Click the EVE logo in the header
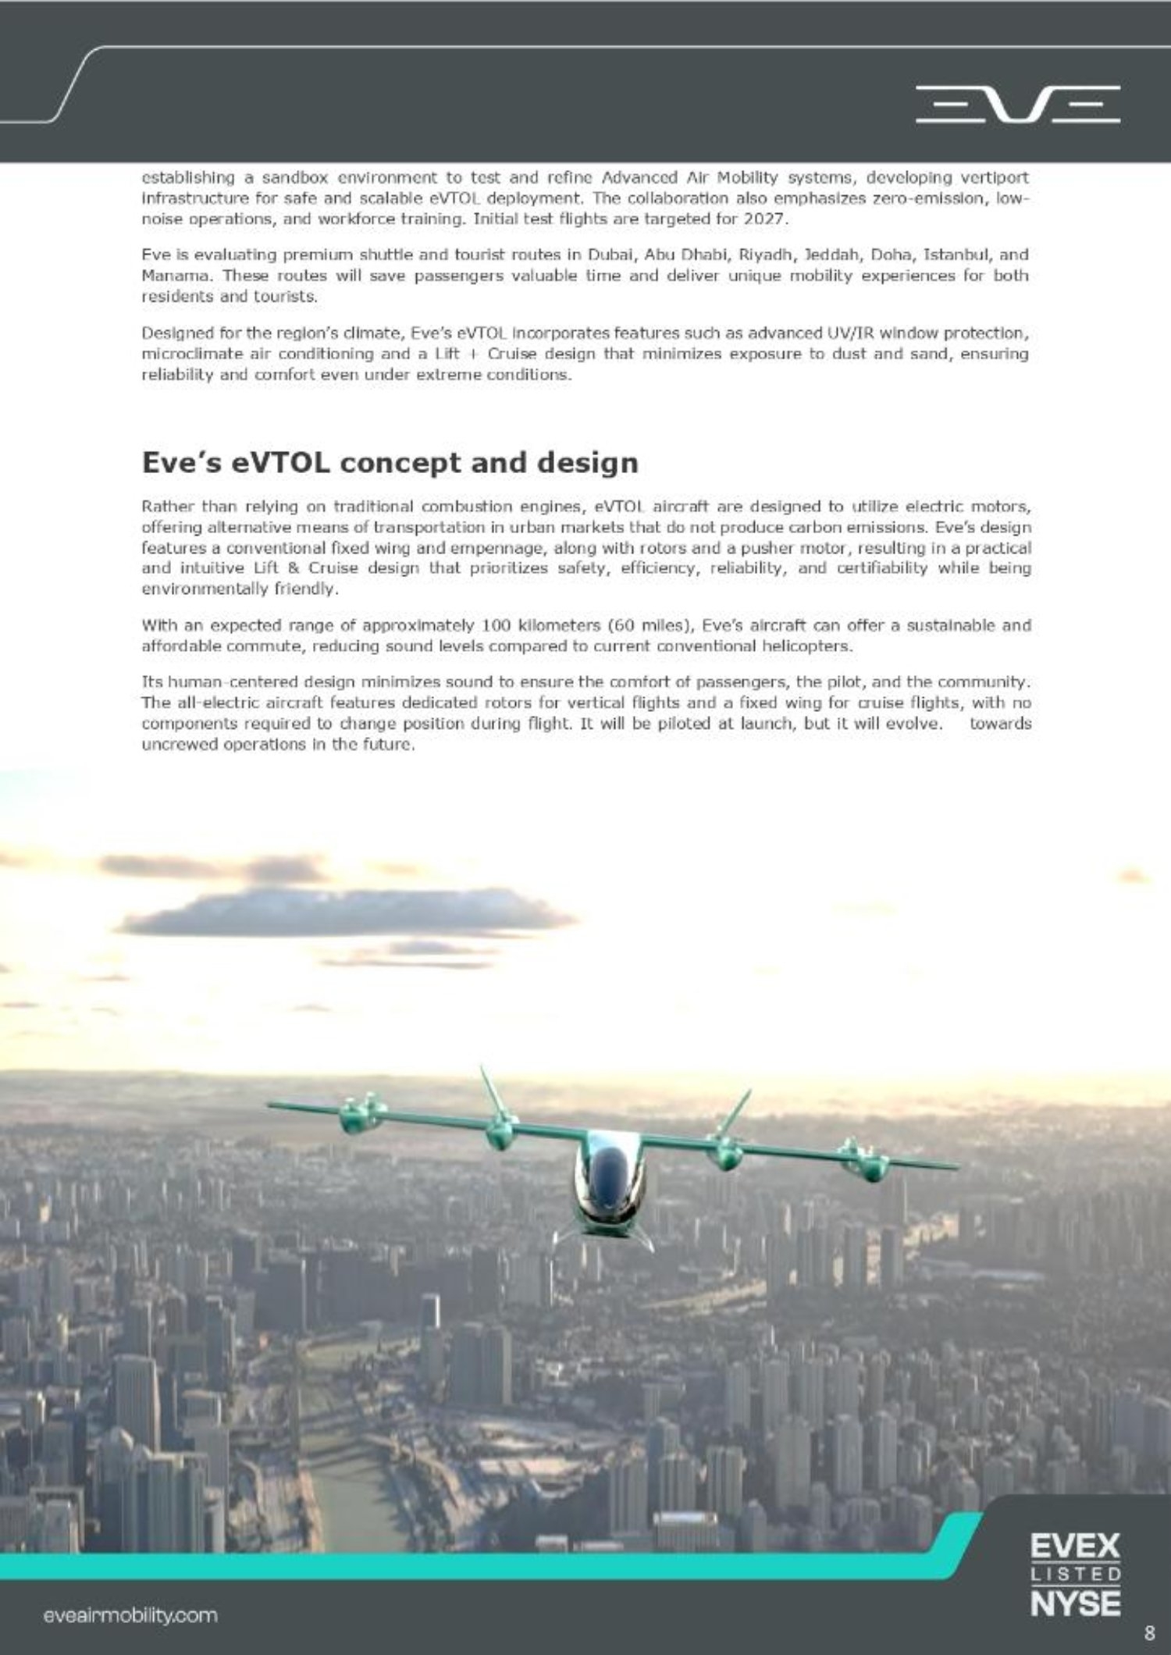[x=1017, y=105]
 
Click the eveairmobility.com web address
[x=130, y=1615]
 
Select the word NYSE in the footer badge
[x=1075, y=1603]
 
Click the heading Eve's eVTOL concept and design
[x=390, y=462]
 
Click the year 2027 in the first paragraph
[x=763, y=219]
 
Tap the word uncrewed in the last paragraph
[x=177, y=745]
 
